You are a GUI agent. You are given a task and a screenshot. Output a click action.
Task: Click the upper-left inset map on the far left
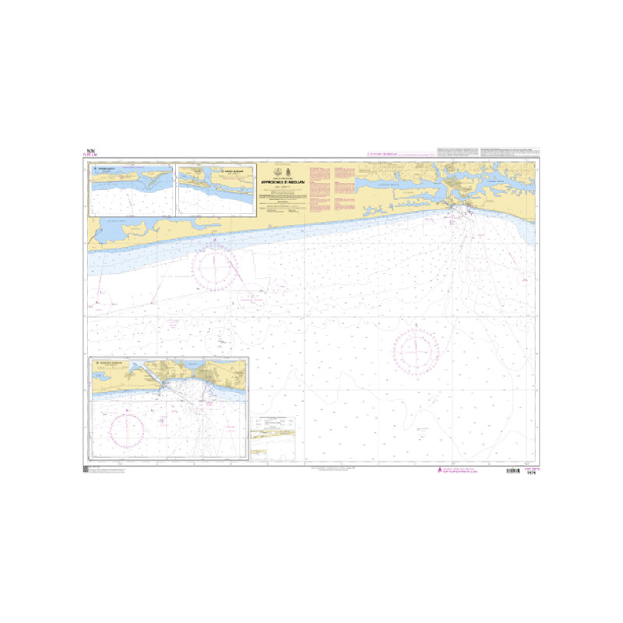click(132, 189)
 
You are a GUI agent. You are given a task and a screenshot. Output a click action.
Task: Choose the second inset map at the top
click(216, 189)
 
